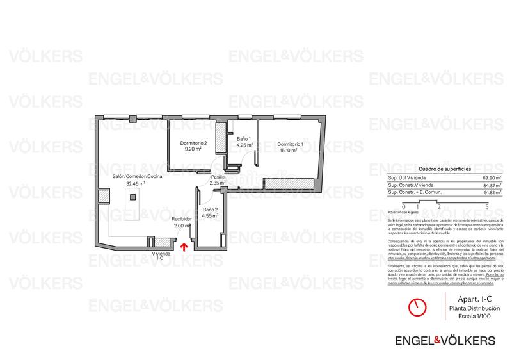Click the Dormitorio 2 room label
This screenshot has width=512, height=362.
tap(193, 142)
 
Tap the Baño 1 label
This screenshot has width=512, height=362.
tap(244, 139)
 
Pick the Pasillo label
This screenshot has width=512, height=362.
tap(218, 176)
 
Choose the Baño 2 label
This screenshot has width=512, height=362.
tap(211, 210)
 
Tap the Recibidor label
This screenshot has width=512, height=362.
tap(182, 219)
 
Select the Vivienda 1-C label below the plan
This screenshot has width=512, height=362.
tap(161, 258)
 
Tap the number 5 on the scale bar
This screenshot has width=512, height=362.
tap(488, 207)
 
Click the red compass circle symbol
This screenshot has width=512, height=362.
tap(417, 308)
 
